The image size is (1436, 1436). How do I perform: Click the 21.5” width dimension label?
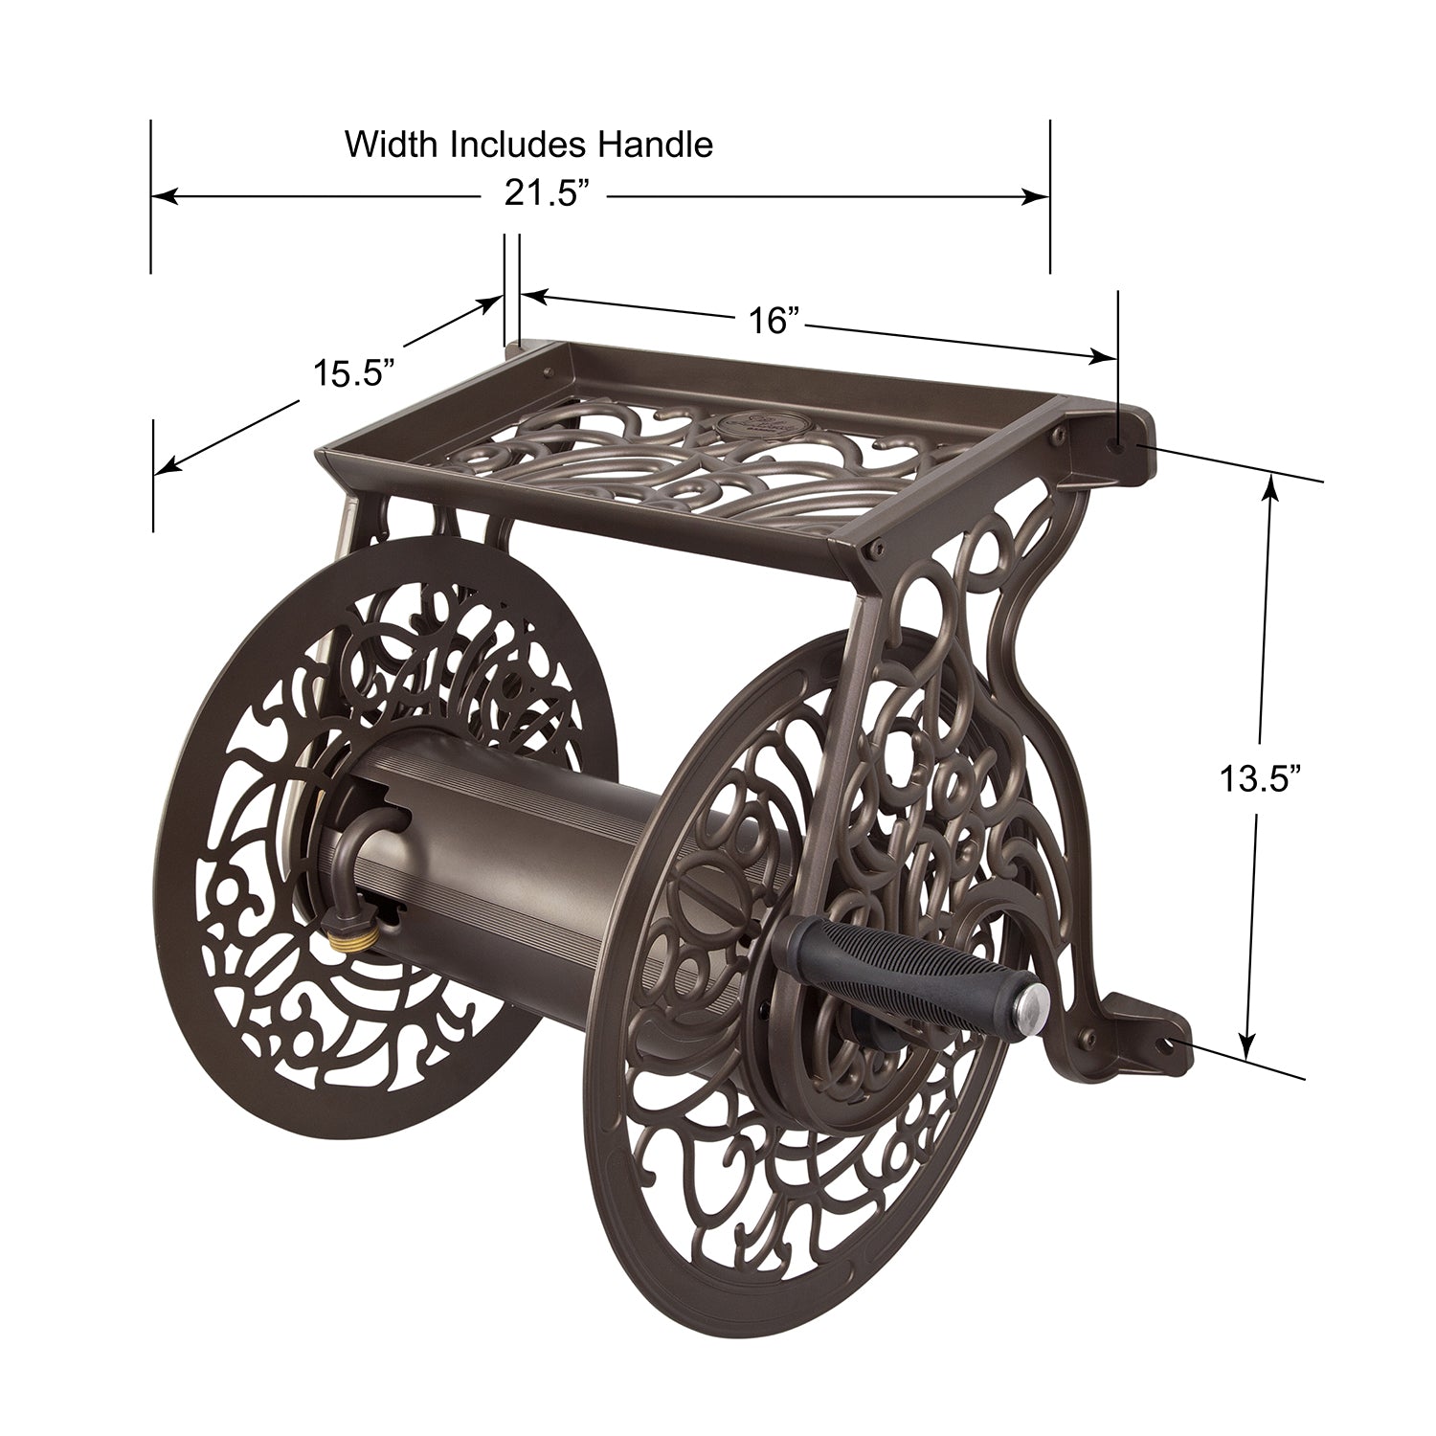pyautogui.click(x=545, y=195)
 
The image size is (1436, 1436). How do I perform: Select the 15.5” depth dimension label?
pyautogui.click(x=354, y=372)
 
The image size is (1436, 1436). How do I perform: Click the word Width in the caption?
pyautogui.click(x=393, y=145)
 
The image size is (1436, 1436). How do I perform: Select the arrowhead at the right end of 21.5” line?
pyautogui.click(x=1039, y=196)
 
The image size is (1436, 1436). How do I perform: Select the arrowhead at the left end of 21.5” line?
pyautogui.click(x=164, y=196)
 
